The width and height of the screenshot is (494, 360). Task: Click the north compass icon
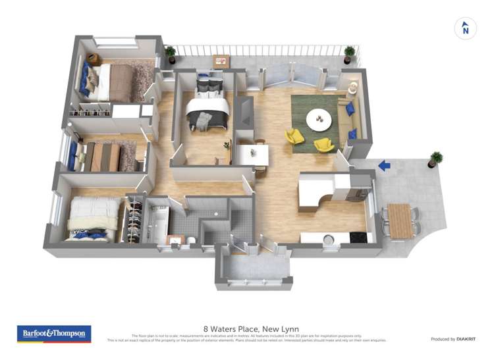coord(466,28)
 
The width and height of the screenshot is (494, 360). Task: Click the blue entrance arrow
coord(384,167)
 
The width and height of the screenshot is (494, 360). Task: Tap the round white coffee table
coord(320,119)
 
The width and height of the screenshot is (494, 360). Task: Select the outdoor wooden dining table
coord(400,220)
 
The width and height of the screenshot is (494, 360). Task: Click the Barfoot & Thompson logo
coord(54,334)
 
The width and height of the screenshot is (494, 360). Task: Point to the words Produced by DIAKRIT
coord(453,339)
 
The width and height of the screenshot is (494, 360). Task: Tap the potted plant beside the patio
coord(435,159)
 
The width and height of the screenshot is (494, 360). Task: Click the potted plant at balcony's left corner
coord(171,52)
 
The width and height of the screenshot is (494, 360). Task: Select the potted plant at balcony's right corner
coord(350,53)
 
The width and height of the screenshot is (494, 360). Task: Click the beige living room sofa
coord(346,118)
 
